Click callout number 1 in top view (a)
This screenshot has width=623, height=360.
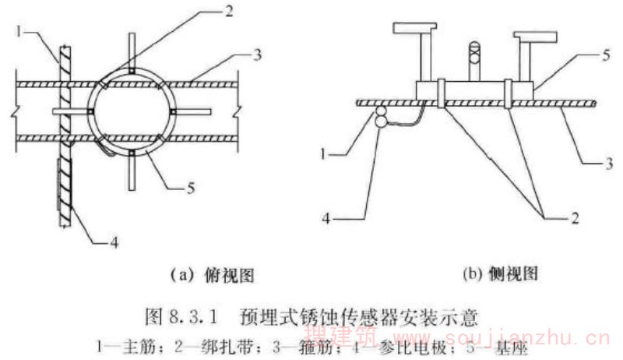pos(18,34)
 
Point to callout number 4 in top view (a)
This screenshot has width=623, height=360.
pos(114,243)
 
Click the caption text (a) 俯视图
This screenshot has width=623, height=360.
pos(207,274)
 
